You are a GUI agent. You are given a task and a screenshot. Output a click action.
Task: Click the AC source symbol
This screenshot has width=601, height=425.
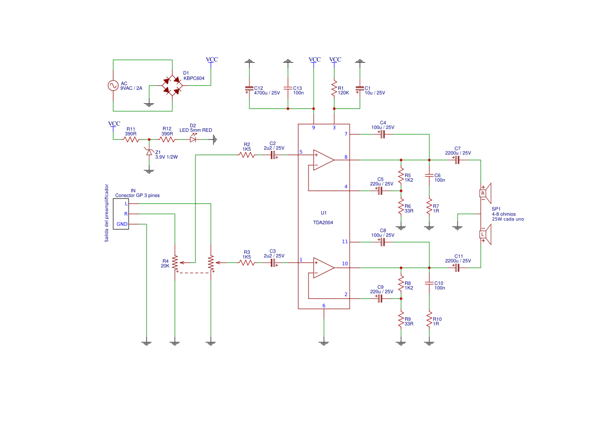[x=113, y=86]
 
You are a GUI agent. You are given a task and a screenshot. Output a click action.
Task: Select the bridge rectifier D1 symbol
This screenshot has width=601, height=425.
[x=172, y=85]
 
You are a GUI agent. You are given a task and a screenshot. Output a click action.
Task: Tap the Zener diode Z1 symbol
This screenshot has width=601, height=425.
[x=149, y=152]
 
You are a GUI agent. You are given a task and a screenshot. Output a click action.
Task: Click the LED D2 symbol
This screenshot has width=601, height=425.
[x=193, y=139]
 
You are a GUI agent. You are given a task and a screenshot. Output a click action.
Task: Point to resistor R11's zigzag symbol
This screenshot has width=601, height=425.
[x=132, y=139]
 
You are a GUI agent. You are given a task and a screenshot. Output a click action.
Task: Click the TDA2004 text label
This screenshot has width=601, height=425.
[x=323, y=223]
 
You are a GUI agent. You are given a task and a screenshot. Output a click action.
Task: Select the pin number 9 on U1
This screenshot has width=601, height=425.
[x=314, y=128]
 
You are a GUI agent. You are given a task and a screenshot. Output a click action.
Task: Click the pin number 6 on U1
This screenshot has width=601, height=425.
[x=324, y=305]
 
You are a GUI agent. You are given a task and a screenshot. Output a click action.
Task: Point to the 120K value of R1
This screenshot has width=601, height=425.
[x=343, y=93]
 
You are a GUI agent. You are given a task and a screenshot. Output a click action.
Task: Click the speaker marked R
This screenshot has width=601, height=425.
[x=486, y=193]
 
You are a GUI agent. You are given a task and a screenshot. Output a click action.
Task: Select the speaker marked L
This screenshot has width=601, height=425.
[x=486, y=235]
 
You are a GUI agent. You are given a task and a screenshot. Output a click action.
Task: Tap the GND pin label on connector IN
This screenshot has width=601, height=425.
[x=122, y=224]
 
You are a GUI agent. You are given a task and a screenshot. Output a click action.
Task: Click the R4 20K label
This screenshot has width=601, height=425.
[x=165, y=263]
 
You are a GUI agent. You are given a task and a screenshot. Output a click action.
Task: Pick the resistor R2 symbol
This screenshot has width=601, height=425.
[x=247, y=154]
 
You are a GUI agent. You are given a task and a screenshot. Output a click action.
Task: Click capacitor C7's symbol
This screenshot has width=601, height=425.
[x=457, y=160]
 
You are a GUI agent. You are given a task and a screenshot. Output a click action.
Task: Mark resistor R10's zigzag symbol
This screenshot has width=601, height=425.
[x=429, y=321]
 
